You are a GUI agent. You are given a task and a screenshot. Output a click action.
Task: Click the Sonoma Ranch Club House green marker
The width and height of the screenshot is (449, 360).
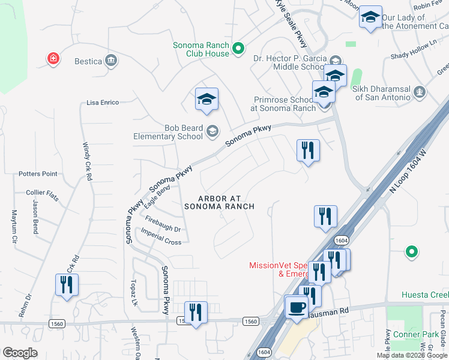click(x=238, y=49)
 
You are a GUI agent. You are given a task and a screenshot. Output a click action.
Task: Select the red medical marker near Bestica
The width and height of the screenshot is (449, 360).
click(x=53, y=58)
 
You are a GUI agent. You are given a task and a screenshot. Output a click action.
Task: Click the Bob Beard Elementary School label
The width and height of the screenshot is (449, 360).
click(x=168, y=131)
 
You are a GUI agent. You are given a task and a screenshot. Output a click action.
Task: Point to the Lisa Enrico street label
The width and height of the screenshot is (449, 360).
click(x=103, y=103)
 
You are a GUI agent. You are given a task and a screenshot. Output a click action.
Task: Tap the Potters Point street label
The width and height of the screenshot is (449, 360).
click(x=38, y=174)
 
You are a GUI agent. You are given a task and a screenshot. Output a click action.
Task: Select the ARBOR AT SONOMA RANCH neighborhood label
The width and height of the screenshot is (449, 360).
click(x=219, y=202)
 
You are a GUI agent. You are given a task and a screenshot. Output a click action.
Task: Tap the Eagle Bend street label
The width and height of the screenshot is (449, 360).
click(x=158, y=196)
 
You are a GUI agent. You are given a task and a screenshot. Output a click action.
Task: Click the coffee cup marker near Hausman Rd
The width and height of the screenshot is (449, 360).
click(x=295, y=308)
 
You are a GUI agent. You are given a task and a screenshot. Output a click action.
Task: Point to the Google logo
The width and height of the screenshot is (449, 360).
click(x=20, y=353)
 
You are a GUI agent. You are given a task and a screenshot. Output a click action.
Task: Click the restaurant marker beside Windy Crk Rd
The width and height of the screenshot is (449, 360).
click(x=67, y=284)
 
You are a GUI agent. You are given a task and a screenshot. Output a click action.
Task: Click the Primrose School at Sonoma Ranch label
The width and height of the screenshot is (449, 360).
click(x=283, y=104)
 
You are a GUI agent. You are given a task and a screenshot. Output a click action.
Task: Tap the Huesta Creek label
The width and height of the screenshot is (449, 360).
click(x=425, y=295)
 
